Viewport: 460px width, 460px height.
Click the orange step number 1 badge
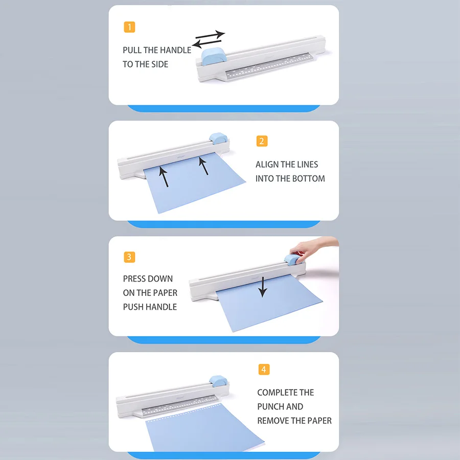130,27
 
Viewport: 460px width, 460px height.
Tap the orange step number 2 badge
262,141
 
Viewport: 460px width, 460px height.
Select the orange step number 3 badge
129,257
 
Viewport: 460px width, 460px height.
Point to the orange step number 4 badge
264,369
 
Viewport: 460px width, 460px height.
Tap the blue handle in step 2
218,136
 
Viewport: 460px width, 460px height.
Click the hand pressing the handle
312,248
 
